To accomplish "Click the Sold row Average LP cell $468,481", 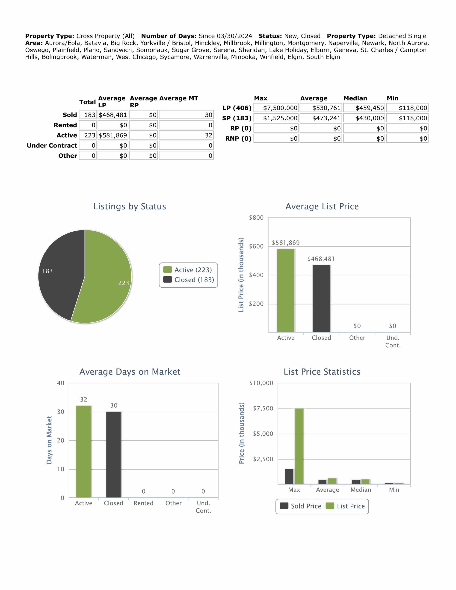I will (x=113, y=115).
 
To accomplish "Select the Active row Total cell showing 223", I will (x=88, y=135).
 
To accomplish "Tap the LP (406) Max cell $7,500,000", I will (x=276, y=108).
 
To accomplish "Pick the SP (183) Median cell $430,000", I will (x=364, y=118).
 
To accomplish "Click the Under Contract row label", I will (x=52, y=146).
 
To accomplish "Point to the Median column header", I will (x=355, y=98).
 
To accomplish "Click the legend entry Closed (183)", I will (x=189, y=280).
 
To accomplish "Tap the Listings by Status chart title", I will (x=130, y=206).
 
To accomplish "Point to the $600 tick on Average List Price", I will (x=256, y=246).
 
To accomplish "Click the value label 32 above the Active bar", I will (x=83, y=400).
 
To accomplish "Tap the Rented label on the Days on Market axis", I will (x=144, y=503).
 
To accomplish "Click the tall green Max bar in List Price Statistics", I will (x=299, y=446).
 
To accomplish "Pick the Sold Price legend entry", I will (x=301, y=506).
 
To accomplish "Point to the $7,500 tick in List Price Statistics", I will (x=263, y=408).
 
